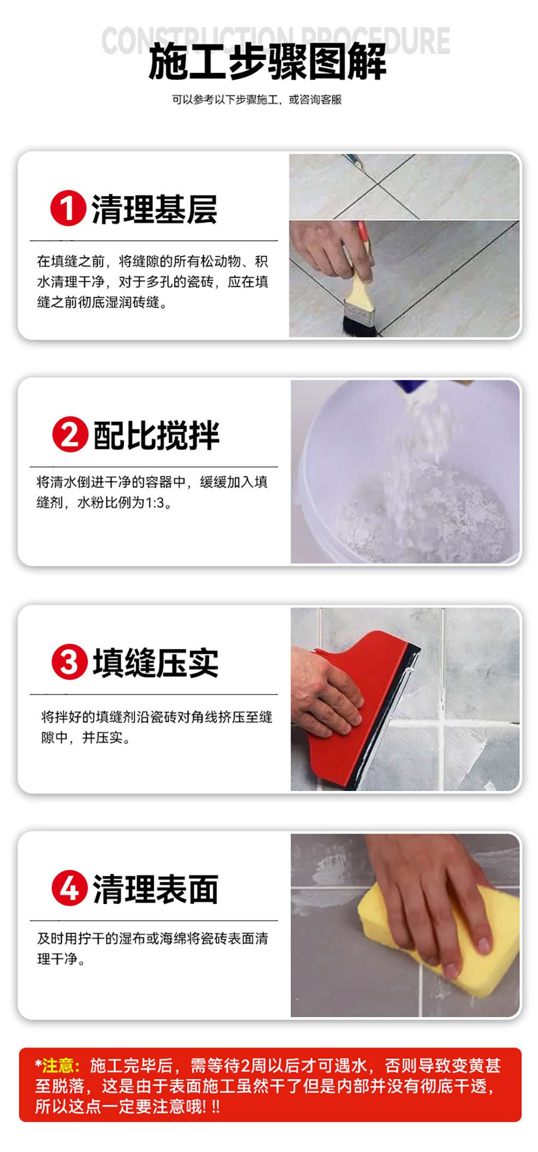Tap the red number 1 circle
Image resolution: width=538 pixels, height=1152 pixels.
[68, 208]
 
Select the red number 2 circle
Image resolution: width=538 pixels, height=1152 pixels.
[70, 434]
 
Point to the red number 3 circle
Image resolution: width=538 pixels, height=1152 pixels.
[70, 662]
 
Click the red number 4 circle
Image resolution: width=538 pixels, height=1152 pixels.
[70, 888]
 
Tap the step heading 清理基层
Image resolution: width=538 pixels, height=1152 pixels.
[154, 209]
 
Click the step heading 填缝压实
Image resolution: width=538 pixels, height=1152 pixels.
[156, 662]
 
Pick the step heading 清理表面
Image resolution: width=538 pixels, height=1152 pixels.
[156, 889]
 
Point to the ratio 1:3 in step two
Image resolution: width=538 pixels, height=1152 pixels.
[155, 503]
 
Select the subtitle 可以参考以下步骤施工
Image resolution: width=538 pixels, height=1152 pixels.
[225, 100]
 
